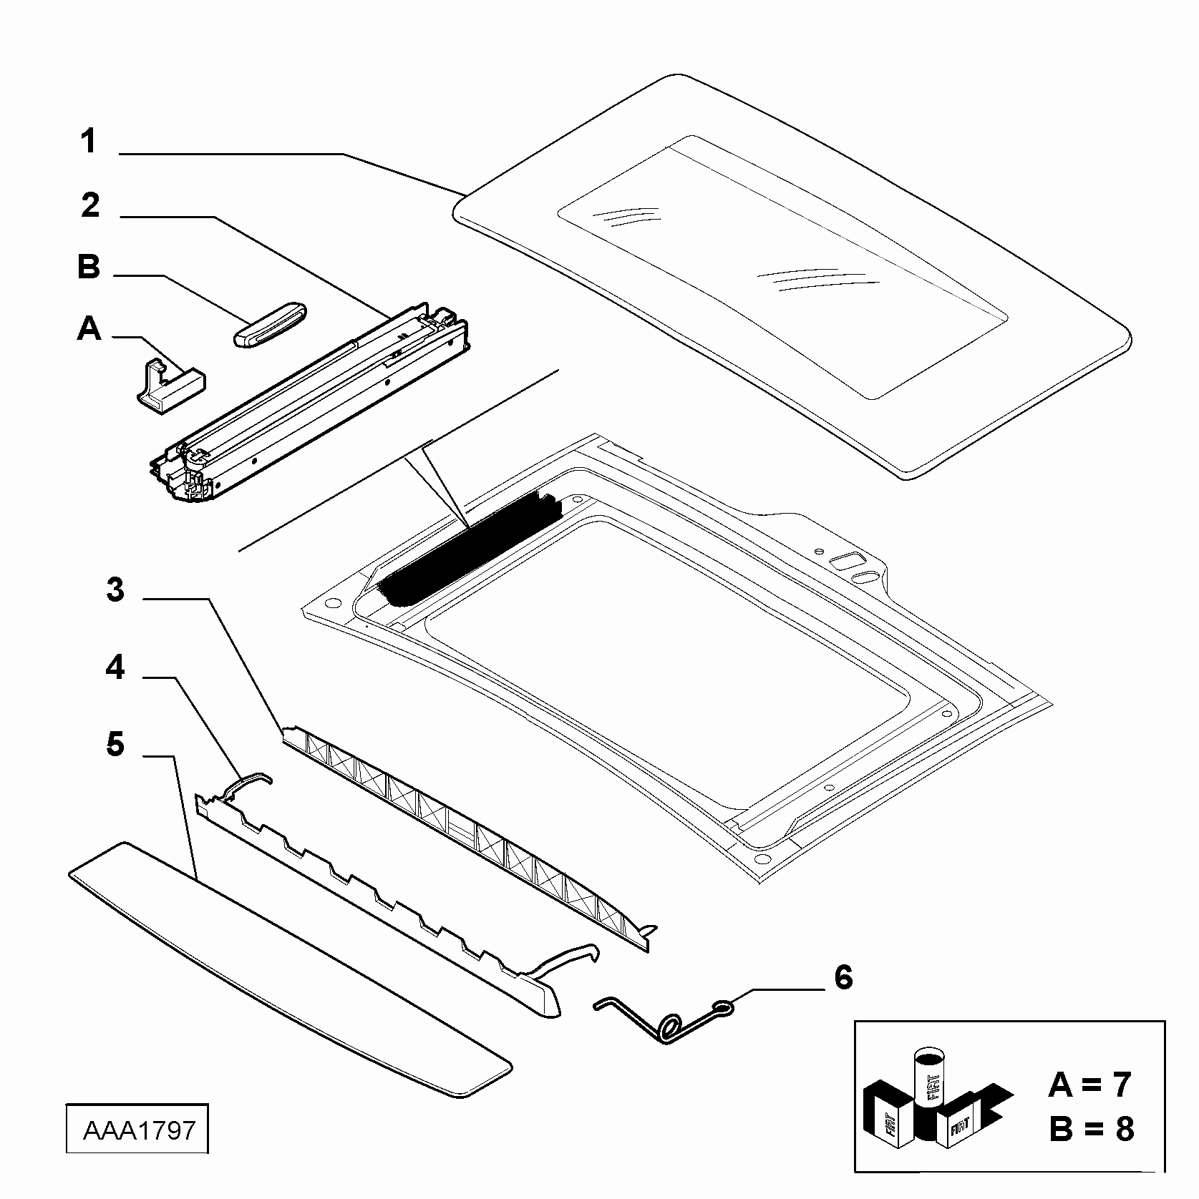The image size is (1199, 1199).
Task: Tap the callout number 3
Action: click(x=115, y=591)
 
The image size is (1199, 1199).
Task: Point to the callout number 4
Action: click(x=115, y=667)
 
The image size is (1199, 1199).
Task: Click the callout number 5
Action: click(x=115, y=744)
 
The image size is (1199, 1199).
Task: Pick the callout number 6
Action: click(x=844, y=977)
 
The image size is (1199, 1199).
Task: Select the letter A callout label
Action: click(x=89, y=329)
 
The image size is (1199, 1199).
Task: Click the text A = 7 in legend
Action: click(x=1090, y=1085)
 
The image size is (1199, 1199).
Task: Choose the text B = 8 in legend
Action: click(x=1092, y=1130)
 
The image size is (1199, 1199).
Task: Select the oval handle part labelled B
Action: click(x=271, y=324)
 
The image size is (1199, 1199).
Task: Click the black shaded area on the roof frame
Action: click(x=469, y=547)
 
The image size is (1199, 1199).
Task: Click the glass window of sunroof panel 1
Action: click(x=782, y=266)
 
